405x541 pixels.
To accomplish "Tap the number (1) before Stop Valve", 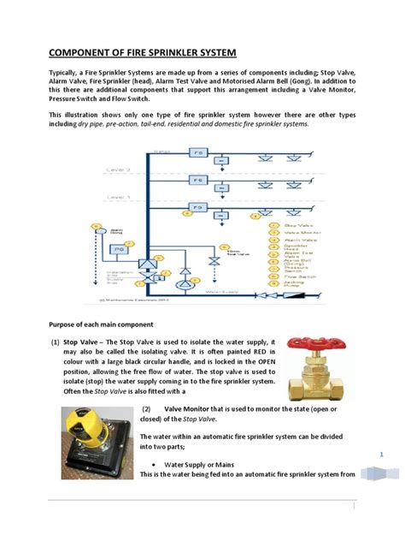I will coord(56,340).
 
